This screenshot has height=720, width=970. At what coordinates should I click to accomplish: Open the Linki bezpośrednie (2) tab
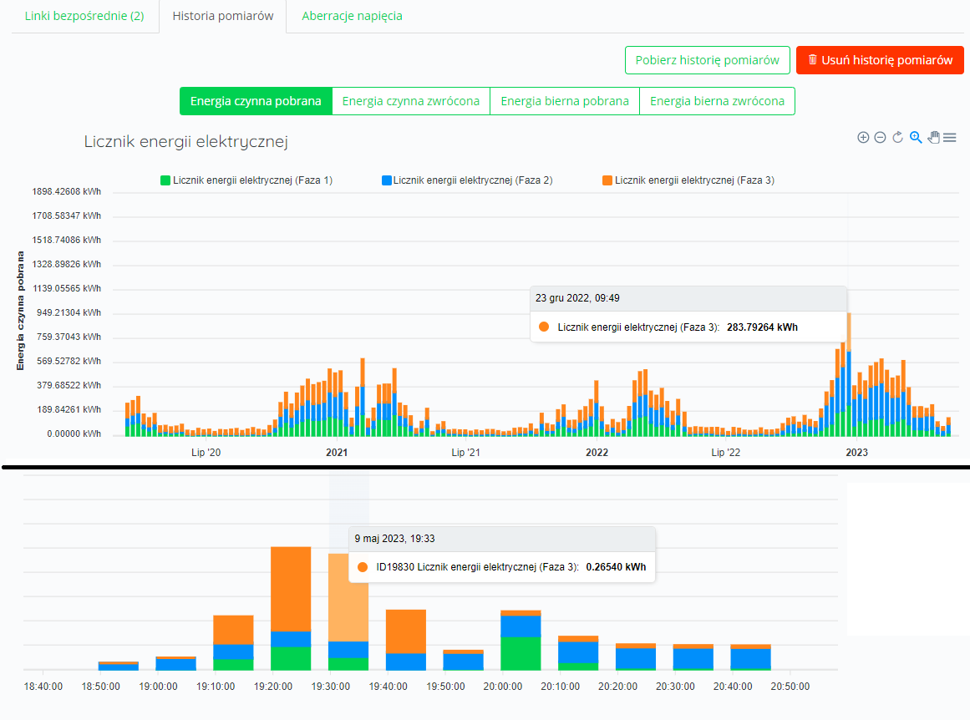[84, 16]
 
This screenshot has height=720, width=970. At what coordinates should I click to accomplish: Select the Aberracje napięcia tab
[352, 16]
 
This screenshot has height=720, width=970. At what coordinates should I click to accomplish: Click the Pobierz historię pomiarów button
[707, 60]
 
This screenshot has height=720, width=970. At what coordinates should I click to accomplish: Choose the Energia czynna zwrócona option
[411, 101]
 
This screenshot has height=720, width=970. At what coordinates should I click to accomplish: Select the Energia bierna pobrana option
[565, 101]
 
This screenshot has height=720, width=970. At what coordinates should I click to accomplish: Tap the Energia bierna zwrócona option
[717, 101]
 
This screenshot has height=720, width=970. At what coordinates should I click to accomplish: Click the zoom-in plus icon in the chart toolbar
[863, 137]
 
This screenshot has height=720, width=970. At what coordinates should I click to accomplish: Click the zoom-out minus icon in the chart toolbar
[881, 137]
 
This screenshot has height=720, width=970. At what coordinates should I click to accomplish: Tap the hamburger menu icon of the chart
[950, 137]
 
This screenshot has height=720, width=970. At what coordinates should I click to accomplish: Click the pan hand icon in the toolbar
[933, 137]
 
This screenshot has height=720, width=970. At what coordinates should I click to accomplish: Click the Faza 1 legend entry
[246, 180]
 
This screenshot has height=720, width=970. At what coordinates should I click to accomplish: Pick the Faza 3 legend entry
[688, 180]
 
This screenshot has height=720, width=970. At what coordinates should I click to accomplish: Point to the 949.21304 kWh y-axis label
[69, 312]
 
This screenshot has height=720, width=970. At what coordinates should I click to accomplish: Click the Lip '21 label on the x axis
[466, 452]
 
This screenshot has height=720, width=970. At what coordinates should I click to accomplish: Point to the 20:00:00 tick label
[503, 686]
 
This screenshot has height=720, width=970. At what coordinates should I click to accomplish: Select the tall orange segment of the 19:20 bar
[291, 589]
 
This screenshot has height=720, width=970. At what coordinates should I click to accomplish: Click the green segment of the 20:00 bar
[521, 654]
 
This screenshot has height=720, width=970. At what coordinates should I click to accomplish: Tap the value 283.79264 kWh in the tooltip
[762, 327]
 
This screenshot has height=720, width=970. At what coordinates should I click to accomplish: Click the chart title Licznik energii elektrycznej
[186, 142]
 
